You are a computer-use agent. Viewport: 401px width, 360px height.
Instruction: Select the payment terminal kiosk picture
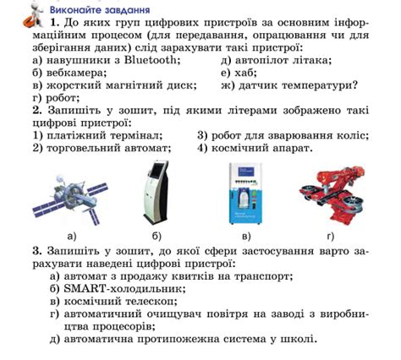(157, 194)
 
